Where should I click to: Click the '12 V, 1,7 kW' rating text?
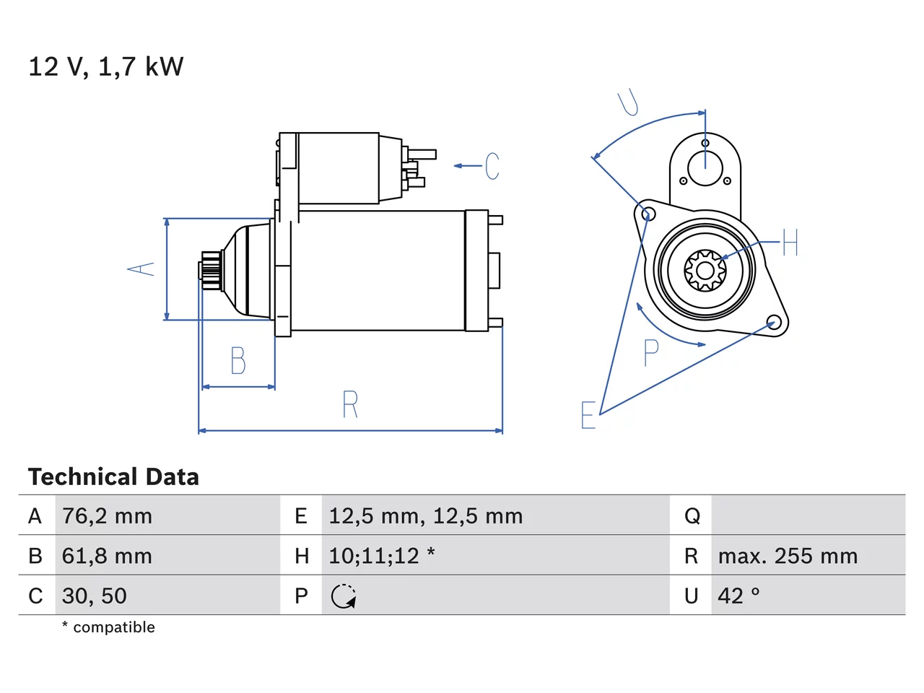tap(106, 67)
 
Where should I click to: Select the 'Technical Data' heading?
tap(113, 476)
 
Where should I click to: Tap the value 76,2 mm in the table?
tap(107, 516)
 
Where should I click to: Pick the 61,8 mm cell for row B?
tap(107, 556)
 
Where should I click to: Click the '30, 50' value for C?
tap(95, 596)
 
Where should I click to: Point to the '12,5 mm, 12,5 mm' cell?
tap(426, 516)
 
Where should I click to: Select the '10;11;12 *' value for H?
tap(382, 555)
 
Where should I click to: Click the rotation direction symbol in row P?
tap(344, 596)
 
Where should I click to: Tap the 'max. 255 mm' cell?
tap(788, 556)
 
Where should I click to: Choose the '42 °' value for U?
tap(738, 596)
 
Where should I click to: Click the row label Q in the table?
tap(692, 516)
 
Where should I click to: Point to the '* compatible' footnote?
tap(108, 627)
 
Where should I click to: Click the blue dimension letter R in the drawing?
tap(350, 404)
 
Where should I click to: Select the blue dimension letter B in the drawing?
tap(238, 360)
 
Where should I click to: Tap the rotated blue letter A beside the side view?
tap(141, 269)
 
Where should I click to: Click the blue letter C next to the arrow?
tap(492, 166)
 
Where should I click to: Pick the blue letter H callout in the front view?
tap(790, 242)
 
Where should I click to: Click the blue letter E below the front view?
tap(588, 415)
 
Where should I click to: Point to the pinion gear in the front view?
tap(705, 271)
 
